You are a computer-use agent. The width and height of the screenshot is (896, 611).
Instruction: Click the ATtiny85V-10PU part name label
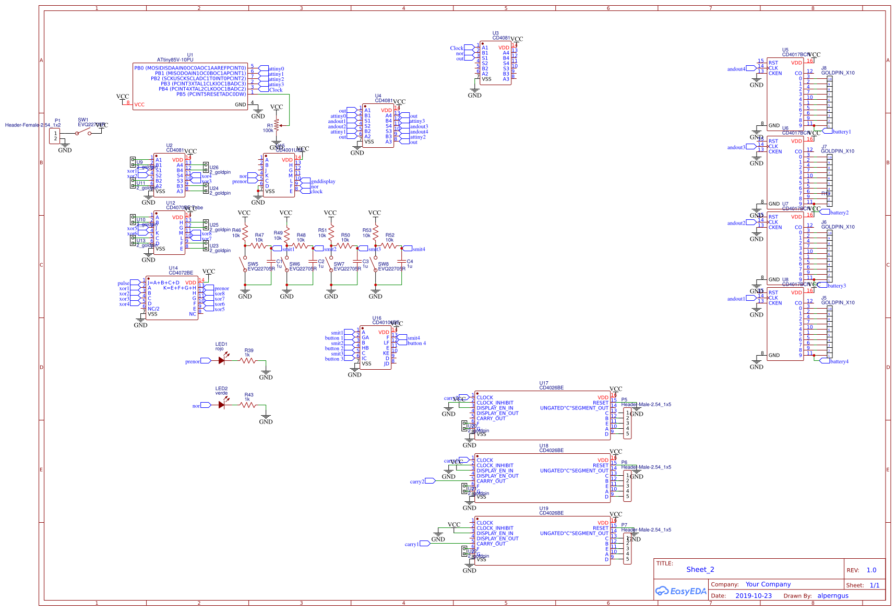pos(175,60)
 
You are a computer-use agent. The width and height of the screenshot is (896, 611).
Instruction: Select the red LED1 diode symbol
pos(222,360)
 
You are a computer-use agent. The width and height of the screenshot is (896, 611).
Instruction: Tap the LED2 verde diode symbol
pos(222,405)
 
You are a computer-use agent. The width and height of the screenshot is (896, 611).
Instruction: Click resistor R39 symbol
pos(248,360)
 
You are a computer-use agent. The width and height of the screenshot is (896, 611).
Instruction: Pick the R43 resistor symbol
pos(248,405)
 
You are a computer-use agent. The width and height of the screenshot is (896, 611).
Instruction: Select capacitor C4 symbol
pos(402,262)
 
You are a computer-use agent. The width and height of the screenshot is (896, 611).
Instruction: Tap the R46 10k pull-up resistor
pos(245,233)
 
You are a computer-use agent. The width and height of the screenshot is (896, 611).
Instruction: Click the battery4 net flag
pos(838,361)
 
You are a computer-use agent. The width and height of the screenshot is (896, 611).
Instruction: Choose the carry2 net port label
pos(417,481)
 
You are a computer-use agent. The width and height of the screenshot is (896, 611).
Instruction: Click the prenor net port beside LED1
pos(193,361)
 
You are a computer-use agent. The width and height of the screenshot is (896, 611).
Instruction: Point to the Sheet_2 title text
pos(700,570)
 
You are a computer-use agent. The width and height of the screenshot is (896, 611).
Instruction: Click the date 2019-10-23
pos(753,596)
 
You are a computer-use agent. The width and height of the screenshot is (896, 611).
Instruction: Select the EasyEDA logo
pos(680,591)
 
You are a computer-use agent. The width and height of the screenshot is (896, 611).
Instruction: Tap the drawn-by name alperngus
pos(833,596)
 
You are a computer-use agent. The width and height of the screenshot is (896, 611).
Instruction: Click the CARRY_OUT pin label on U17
pos(491,418)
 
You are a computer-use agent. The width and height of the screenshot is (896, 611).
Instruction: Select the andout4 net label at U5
pos(736,69)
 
